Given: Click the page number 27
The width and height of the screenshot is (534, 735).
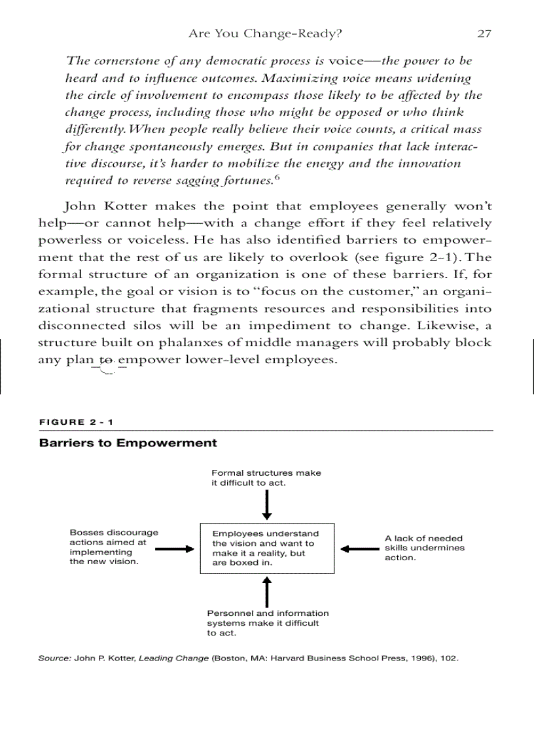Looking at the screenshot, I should (x=484, y=33).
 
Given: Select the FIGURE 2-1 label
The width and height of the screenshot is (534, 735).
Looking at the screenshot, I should (x=77, y=422).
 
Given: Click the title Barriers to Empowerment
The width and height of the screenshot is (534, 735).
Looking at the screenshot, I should (x=128, y=443).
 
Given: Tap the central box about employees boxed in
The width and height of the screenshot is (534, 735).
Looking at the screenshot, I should (x=266, y=548).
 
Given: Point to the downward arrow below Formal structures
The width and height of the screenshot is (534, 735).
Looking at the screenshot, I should (x=267, y=505).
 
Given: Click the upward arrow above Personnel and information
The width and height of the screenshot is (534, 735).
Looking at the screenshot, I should (x=267, y=591).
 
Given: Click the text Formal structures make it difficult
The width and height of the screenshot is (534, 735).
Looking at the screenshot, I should (x=266, y=478).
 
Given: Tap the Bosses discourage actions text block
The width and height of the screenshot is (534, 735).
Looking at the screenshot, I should (x=113, y=547).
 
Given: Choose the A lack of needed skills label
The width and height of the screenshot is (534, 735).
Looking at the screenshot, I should (x=424, y=548).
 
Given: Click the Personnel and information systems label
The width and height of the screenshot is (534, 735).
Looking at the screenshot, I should (x=268, y=623).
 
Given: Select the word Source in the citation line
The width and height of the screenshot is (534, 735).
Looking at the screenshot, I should (x=54, y=658).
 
